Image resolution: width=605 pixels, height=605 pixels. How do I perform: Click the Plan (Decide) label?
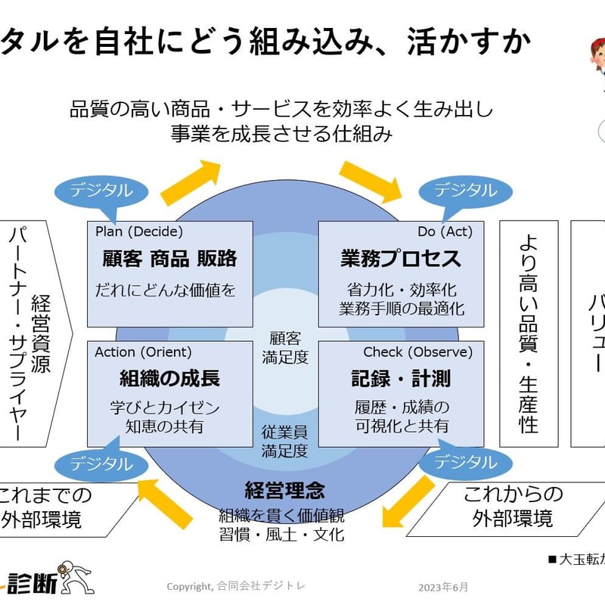click(x=139, y=232)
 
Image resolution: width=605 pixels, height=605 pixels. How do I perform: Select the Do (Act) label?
click(x=445, y=232)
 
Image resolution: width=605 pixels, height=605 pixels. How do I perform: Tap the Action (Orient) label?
click(x=143, y=352)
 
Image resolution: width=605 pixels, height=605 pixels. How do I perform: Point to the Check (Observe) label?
click(x=417, y=352)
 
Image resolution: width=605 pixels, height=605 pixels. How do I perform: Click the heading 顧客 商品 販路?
click(x=169, y=259)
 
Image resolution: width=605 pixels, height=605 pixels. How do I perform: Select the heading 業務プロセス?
click(x=401, y=259)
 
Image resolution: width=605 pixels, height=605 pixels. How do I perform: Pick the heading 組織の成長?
click(x=169, y=378)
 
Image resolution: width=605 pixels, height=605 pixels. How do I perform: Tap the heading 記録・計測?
click(x=401, y=378)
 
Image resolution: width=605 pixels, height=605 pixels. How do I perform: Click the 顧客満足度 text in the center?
click(x=284, y=347)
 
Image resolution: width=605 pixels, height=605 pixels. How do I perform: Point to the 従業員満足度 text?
click(x=284, y=442)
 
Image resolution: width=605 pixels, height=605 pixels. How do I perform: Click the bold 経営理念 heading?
click(x=284, y=490)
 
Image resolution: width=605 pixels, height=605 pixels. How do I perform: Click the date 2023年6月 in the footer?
click(x=443, y=587)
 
